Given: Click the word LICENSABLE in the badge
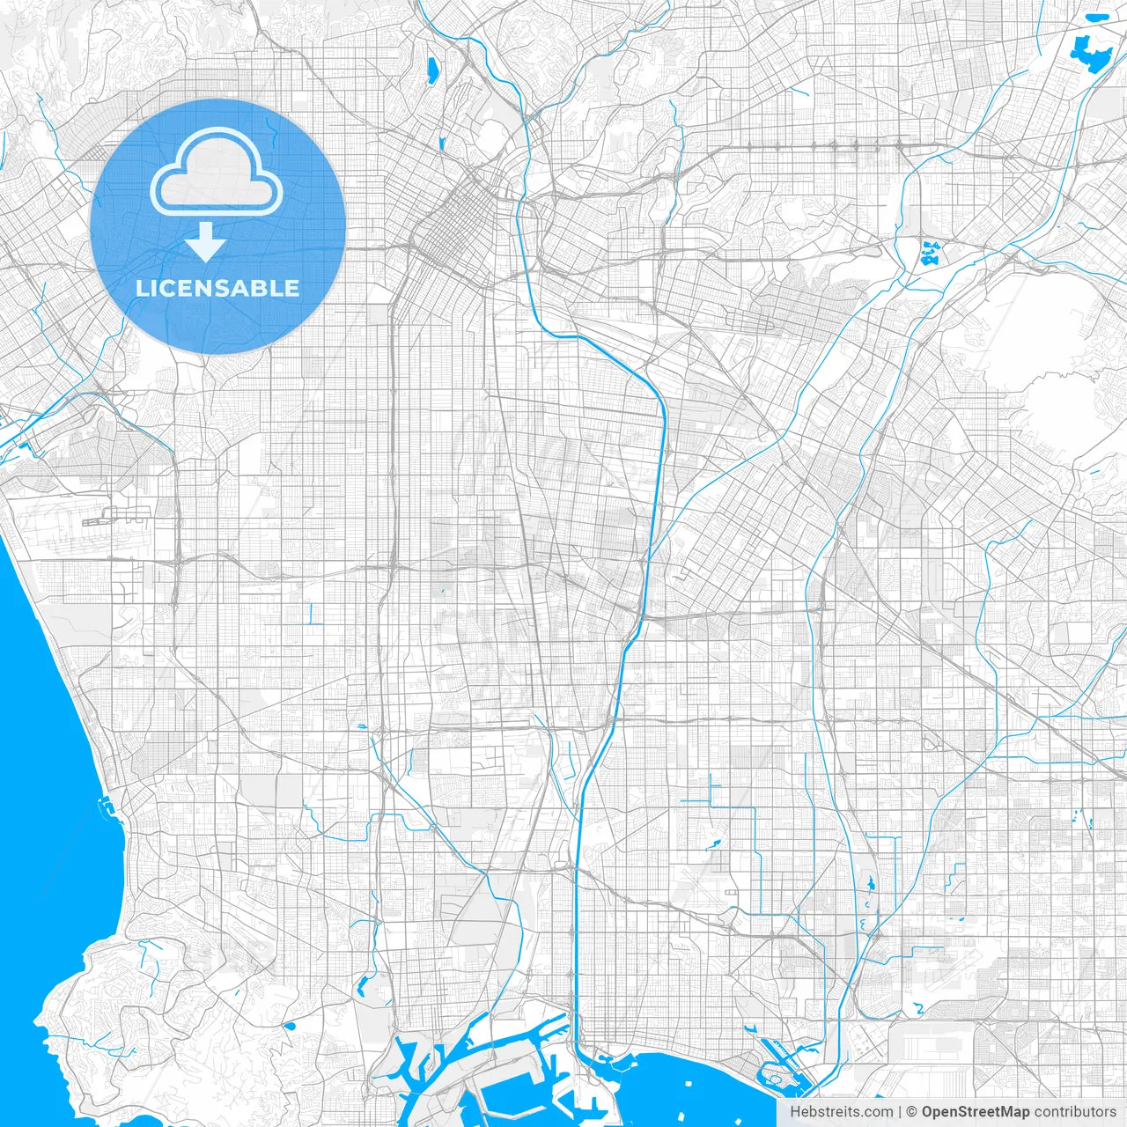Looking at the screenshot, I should (217, 288).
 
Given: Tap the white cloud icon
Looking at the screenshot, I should (217, 173).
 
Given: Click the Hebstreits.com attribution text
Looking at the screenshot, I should (841, 1112).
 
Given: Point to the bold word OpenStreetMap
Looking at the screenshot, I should (976, 1112).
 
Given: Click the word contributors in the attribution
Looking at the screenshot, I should (1075, 1112).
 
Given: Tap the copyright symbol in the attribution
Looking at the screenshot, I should (912, 1112).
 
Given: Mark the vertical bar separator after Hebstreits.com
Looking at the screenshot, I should (900, 1112).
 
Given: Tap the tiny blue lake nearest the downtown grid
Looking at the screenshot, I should (441, 144).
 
